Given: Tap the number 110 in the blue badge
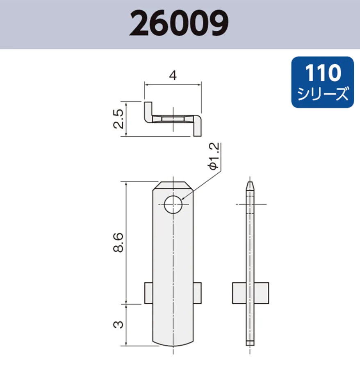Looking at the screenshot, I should tap(323, 73).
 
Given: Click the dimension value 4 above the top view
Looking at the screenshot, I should tap(173, 76).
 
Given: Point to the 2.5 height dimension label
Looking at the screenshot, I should tap(118, 119).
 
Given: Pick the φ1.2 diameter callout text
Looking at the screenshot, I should tap(214, 156).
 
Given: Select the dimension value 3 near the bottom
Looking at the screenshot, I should tap(118, 325).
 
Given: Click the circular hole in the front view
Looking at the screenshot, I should tap(173, 204).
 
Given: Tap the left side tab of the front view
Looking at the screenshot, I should tap(148, 293).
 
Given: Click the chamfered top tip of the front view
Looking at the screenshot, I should tap(173, 185).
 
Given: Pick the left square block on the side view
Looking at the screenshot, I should tap(239, 293).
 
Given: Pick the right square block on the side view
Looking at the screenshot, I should tap(261, 293).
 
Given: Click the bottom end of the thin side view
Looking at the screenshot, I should tap(250, 342).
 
